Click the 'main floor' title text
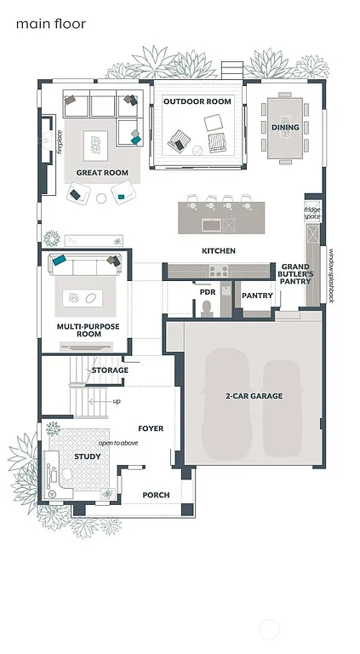(x=50, y=25)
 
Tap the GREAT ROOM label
(x=102, y=173)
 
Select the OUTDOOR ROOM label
(x=197, y=102)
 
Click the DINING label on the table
(x=285, y=128)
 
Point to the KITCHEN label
(x=218, y=251)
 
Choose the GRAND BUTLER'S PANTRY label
(x=295, y=273)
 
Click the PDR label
(x=207, y=291)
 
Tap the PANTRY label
(x=257, y=295)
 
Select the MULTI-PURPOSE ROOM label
(x=89, y=330)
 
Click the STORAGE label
(x=110, y=370)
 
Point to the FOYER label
(x=151, y=428)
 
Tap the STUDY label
(x=87, y=457)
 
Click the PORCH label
(x=156, y=495)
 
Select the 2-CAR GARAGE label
(x=254, y=396)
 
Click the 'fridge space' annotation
(x=313, y=213)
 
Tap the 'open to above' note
(x=118, y=443)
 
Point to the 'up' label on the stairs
(x=117, y=400)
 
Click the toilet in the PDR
(x=207, y=307)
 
